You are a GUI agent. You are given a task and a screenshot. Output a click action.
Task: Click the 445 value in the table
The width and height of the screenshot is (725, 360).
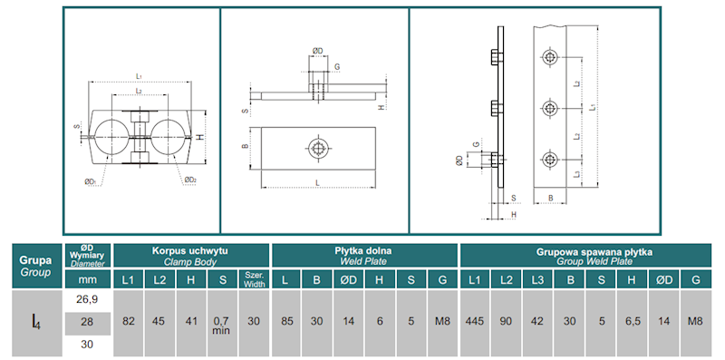(x=475, y=322)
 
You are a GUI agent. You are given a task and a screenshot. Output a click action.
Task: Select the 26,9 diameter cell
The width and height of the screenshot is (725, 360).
(x=87, y=300)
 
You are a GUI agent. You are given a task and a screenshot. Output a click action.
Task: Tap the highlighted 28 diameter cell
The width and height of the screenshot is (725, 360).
(x=87, y=322)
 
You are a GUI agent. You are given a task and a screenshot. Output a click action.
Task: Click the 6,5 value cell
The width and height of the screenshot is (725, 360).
(x=632, y=322)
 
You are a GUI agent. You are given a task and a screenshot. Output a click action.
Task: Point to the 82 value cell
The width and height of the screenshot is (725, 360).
(x=128, y=322)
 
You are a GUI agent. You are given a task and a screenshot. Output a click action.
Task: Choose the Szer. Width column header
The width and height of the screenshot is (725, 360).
(x=254, y=280)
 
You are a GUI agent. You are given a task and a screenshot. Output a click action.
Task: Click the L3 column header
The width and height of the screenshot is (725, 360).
(x=537, y=280)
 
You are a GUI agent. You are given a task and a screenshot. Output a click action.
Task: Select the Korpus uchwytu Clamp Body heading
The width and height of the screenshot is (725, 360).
(x=190, y=256)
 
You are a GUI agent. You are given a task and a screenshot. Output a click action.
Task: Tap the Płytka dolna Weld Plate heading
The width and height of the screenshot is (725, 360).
(x=363, y=256)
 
